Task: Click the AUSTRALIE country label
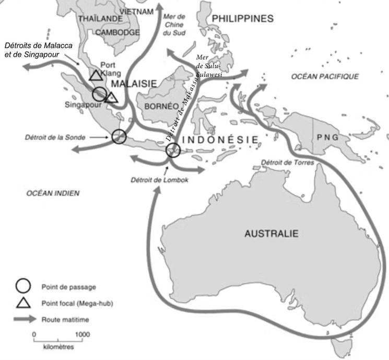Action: [272, 234]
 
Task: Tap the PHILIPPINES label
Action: [243, 19]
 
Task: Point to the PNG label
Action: [327, 137]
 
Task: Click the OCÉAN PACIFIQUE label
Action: [325, 77]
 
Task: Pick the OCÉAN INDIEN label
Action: [53, 193]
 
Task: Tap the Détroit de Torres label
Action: [287, 162]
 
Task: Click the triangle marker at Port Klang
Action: [95, 75]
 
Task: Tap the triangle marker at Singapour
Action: [112, 97]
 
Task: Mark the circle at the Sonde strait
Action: [119, 136]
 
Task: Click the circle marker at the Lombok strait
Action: [173, 150]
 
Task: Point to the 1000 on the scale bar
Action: [81, 333]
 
